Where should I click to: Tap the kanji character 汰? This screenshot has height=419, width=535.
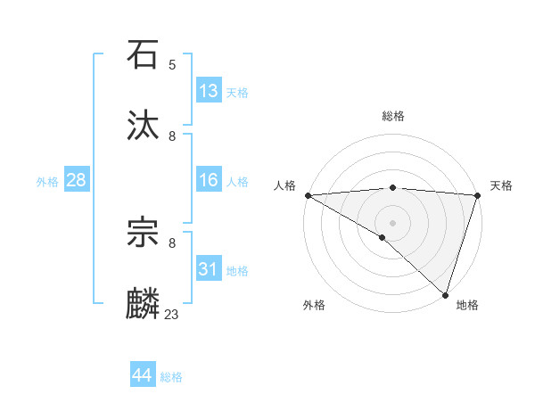(x=144, y=126)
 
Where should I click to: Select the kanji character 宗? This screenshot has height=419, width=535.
(x=144, y=233)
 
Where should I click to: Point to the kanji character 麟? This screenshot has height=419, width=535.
(x=144, y=304)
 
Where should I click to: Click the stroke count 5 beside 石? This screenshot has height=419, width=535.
(x=172, y=64)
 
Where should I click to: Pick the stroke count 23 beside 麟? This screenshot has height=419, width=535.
(x=172, y=314)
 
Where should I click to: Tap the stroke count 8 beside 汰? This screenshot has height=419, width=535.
(x=172, y=136)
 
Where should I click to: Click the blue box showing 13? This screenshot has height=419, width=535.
(x=209, y=91)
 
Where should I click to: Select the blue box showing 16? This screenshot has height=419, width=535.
(x=209, y=180)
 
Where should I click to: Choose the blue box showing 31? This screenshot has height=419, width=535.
(x=209, y=269)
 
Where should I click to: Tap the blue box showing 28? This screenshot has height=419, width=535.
(x=76, y=180)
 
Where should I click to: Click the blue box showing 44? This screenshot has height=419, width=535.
(x=142, y=375)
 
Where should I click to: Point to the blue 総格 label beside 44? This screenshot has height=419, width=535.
(x=171, y=377)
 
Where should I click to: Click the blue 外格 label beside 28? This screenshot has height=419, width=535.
(x=47, y=182)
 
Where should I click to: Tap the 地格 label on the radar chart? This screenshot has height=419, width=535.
(x=467, y=305)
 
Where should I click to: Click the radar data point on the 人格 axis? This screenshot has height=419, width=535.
(x=308, y=195)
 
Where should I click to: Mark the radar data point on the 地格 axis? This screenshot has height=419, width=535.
(x=445, y=295)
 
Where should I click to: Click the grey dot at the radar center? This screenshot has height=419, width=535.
(x=392, y=222)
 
